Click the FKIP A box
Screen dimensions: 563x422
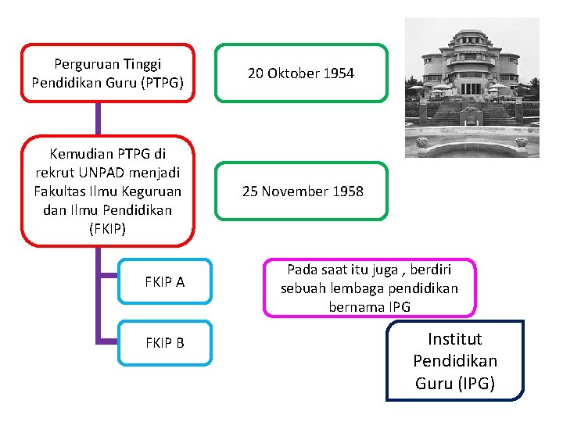(x=165, y=281)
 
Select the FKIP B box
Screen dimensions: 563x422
(x=165, y=342)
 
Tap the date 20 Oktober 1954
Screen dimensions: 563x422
(x=301, y=73)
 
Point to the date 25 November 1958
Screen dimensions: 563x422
(x=303, y=191)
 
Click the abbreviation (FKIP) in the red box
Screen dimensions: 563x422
(x=108, y=230)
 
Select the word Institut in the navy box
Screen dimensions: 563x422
(x=455, y=339)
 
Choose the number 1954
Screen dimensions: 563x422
(x=338, y=73)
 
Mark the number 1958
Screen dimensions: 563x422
(x=347, y=191)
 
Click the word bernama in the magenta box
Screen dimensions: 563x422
(x=355, y=306)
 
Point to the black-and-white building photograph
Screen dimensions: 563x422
(x=472, y=88)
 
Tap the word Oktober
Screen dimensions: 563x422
(x=294, y=73)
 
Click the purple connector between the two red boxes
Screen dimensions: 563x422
(x=99, y=118)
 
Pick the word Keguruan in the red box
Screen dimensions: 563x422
(x=151, y=191)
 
